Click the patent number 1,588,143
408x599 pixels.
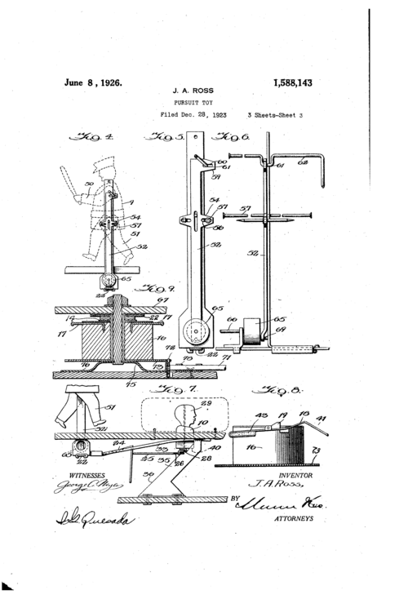[x=290, y=83]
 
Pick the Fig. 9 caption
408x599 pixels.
[x=152, y=288]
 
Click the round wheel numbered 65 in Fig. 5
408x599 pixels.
[x=194, y=333]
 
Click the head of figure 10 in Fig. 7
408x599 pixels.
[x=187, y=417]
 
